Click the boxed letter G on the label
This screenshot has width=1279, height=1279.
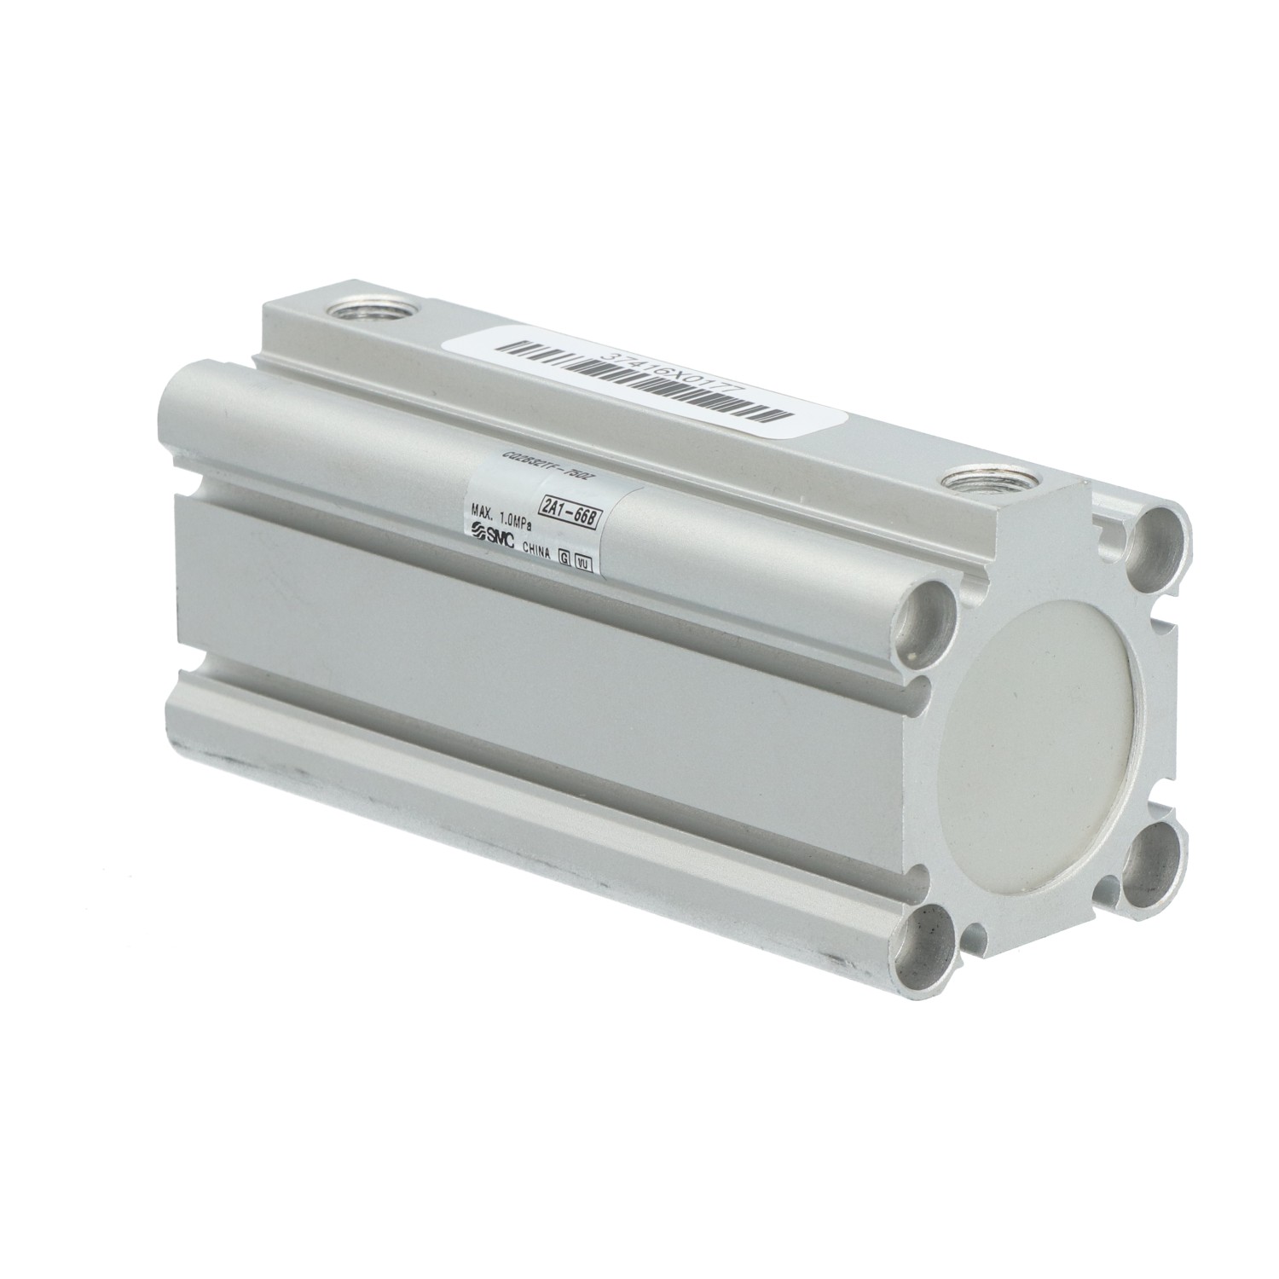click(564, 556)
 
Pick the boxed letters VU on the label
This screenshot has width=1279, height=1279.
click(583, 561)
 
